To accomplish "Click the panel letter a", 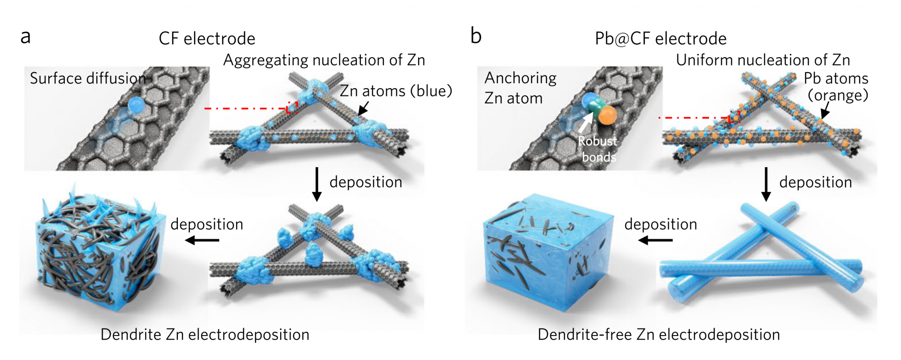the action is [25, 37].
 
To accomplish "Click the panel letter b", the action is [476, 35].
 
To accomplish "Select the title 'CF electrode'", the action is [207, 38].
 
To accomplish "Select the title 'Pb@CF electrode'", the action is [661, 38].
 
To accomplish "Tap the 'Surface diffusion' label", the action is [88, 78].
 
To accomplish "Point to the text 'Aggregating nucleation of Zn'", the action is [324, 60].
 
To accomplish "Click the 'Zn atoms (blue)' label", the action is [396, 91].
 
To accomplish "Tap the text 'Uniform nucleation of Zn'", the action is [763, 60].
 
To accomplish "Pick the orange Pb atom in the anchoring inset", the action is [607, 115].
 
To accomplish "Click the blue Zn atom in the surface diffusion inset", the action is [136, 105].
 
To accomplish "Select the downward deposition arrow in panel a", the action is [317, 184].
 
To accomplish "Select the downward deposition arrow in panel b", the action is [766, 184].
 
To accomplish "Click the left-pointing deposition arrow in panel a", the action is [202, 240].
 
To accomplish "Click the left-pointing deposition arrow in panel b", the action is [656, 240].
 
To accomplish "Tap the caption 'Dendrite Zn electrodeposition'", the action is [205, 335].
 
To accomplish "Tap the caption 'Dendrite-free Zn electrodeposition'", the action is [659, 335].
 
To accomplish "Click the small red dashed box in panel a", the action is [292, 107].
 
